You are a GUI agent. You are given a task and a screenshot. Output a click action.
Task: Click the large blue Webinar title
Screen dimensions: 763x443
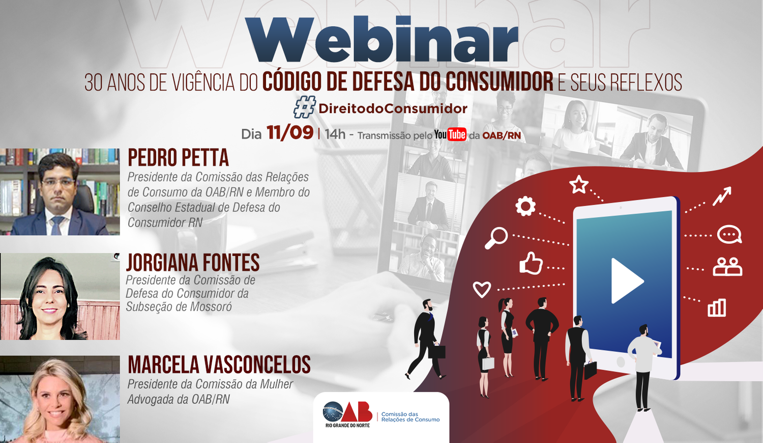[382, 39]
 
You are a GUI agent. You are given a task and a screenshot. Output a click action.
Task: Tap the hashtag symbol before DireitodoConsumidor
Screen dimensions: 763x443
[304, 107]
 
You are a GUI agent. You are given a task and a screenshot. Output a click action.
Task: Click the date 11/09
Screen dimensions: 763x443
[290, 132]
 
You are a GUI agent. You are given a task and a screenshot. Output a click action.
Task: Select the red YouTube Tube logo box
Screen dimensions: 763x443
[457, 134]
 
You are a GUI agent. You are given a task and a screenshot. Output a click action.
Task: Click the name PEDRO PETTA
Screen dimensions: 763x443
[178, 157]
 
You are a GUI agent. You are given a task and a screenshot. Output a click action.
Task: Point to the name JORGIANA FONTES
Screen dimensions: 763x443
[193, 262]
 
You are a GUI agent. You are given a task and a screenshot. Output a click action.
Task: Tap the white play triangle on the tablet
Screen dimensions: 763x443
[626, 281]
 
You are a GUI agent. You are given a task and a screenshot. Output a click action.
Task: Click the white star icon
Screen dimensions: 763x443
[579, 184]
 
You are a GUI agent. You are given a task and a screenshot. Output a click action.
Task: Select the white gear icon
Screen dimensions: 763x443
[525, 206]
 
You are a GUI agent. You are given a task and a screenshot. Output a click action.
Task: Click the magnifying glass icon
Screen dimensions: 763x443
[496, 238]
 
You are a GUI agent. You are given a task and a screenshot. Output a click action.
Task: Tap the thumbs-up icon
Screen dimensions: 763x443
[531, 263]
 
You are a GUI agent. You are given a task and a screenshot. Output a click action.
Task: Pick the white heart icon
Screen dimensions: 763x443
[482, 290]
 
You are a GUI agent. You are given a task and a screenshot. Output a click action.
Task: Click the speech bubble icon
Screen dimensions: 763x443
[729, 234]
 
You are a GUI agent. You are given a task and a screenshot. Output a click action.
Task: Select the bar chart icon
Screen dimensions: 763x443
[717, 308]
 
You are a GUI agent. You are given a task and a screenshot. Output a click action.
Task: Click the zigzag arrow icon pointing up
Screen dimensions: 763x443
[722, 196]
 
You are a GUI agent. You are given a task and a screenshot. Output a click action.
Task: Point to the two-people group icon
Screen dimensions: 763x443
[727, 266]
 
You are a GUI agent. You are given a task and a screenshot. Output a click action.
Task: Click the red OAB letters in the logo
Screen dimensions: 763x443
[357, 411]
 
